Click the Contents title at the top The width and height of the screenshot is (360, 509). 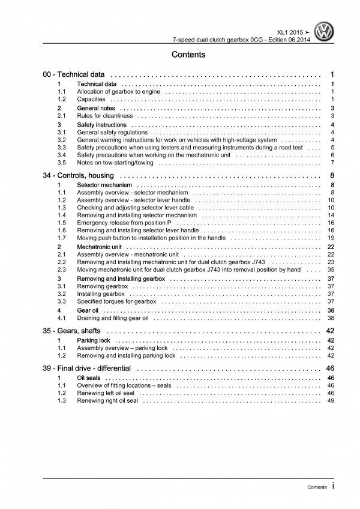[x=188, y=55]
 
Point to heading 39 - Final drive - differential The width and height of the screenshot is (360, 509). [x=91, y=369]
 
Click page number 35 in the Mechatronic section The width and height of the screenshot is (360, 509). [x=330, y=270]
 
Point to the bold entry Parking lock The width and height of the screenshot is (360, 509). [x=93, y=340]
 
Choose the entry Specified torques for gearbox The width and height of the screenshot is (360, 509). [x=116, y=301]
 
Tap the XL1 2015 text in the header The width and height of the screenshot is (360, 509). [x=298, y=30]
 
